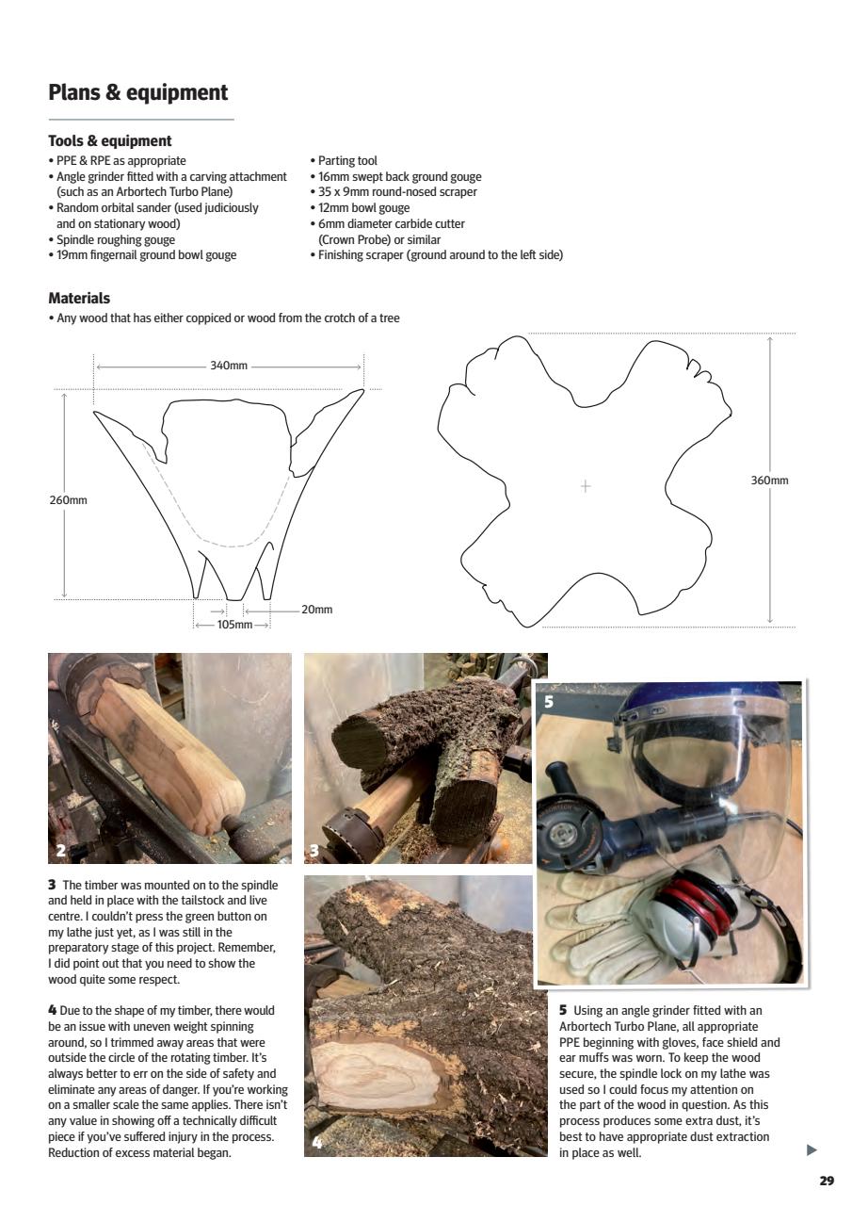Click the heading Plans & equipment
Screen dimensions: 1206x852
coord(137,92)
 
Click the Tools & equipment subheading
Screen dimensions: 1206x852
coord(110,141)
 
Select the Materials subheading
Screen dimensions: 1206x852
coord(79,299)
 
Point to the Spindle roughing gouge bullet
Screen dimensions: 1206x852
coord(115,239)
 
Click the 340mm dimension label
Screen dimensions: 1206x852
coord(228,366)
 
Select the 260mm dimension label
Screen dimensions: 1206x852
coord(68,499)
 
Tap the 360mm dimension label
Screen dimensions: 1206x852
coord(769,481)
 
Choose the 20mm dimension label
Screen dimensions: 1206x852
coord(317,610)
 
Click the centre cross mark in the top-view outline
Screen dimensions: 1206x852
coord(586,486)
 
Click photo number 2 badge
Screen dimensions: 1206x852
coord(61,851)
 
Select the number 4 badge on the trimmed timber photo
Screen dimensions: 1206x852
coord(317,1144)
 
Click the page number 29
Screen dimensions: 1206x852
coord(826,1181)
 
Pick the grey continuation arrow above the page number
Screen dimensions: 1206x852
coord(812,1149)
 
